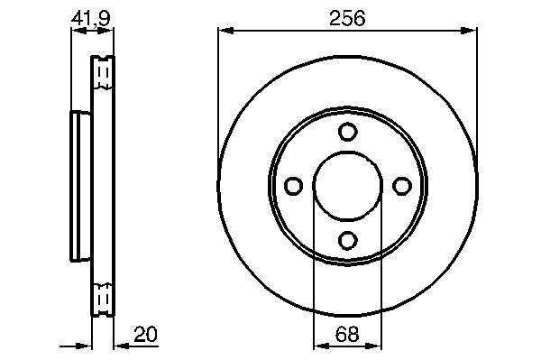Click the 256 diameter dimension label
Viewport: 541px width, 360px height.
click(x=347, y=18)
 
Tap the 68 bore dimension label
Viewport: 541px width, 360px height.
click(x=347, y=334)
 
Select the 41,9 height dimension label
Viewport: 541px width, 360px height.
click(x=91, y=18)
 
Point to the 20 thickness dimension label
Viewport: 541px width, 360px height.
click(x=145, y=334)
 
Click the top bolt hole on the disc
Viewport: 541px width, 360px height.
click(x=347, y=132)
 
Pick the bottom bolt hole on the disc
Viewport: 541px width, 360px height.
click(x=347, y=240)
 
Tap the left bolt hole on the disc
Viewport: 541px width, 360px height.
click(x=293, y=186)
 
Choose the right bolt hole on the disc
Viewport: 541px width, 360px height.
click(x=402, y=186)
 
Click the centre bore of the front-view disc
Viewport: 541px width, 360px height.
click(x=348, y=186)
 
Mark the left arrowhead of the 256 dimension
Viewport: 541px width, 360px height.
click(x=226, y=31)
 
